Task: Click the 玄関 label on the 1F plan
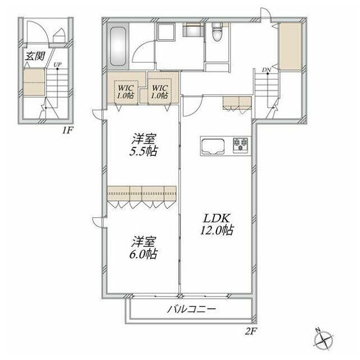pyautogui.click(x=35, y=56)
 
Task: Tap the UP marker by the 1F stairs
pyautogui.click(x=57, y=65)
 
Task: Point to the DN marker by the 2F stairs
pyautogui.click(x=267, y=70)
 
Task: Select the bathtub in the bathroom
pyautogui.click(x=118, y=47)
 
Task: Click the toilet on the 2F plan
pyautogui.click(x=217, y=31)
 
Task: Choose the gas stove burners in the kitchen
pyautogui.click(x=240, y=145)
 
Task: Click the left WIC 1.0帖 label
pyautogui.click(x=126, y=92)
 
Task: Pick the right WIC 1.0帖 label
pyautogui.click(x=160, y=92)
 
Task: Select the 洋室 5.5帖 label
pyautogui.click(x=143, y=145)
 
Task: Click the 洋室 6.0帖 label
pyautogui.click(x=143, y=247)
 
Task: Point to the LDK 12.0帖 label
pyautogui.click(x=217, y=224)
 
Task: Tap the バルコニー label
pyautogui.click(x=191, y=309)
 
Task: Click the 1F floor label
pyautogui.click(x=67, y=130)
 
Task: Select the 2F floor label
pyautogui.click(x=251, y=331)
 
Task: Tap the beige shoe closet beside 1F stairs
pyautogui.click(x=34, y=82)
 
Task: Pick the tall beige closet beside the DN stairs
pyautogui.click(x=290, y=46)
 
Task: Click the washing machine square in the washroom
pyautogui.click(x=165, y=32)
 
